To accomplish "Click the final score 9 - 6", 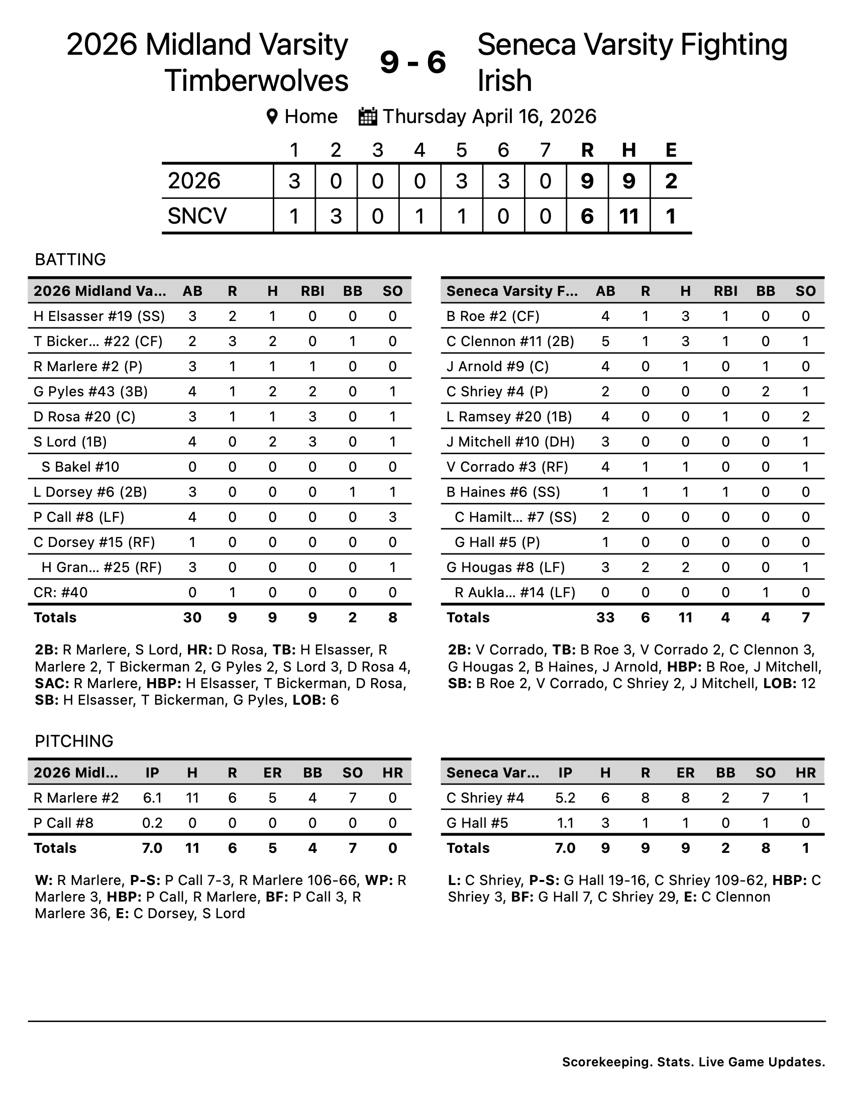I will (x=412, y=63).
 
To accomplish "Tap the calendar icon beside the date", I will (x=368, y=117).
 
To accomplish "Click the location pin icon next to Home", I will (x=272, y=117).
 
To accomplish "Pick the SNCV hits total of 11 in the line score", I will (x=629, y=216).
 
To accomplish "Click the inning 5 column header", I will (x=461, y=150).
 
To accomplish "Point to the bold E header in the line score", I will (x=671, y=150).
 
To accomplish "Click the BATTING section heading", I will (x=70, y=260).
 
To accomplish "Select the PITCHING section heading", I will (x=74, y=741).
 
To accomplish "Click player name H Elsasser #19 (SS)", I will (x=99, y=316).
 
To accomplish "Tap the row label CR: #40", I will (x=61, y=592).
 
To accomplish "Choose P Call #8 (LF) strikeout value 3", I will (x=393, y=517).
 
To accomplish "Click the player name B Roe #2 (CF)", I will (x=493, y=316).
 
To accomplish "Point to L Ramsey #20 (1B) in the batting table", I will (x=509, y=416).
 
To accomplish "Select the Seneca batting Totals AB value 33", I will (x=605, y=617).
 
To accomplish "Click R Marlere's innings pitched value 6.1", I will (x=152, y=798).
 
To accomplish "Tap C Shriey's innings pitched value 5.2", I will (x=565, y=798).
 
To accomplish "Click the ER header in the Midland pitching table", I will (x=272, y=772).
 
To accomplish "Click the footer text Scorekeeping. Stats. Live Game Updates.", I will (x=693, y=1062).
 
